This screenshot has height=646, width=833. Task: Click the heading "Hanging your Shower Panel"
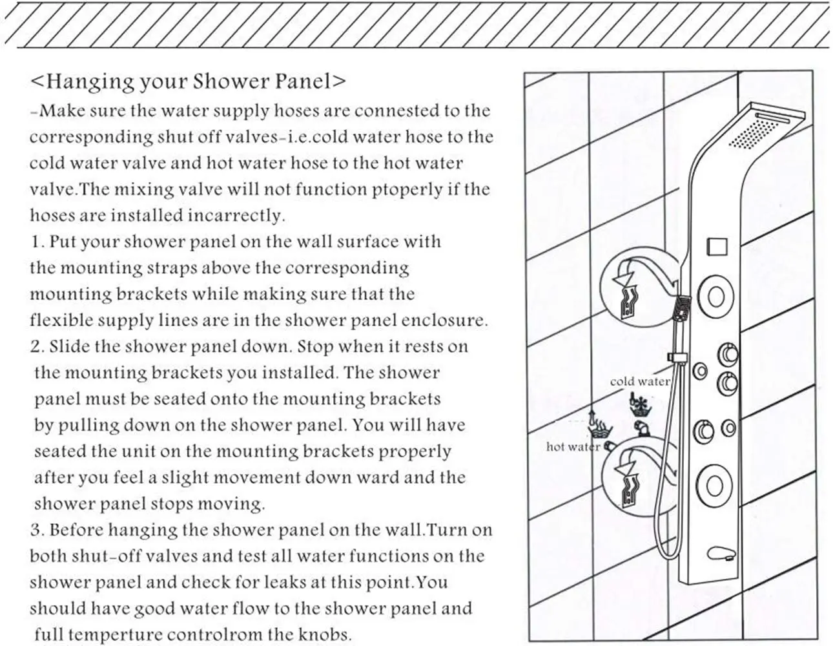click(188, 81)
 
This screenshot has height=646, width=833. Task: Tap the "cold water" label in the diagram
click(639, 381)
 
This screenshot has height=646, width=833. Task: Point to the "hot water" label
click(573, 446)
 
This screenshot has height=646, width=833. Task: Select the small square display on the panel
click(717, 247)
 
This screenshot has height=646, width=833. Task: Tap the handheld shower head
click(682, 309)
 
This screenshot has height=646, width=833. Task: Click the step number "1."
click(37, 242)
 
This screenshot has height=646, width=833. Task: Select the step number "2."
click(37, 347)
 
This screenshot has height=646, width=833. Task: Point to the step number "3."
click(37, 530)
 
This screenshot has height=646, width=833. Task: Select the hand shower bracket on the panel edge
click(675, 357)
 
